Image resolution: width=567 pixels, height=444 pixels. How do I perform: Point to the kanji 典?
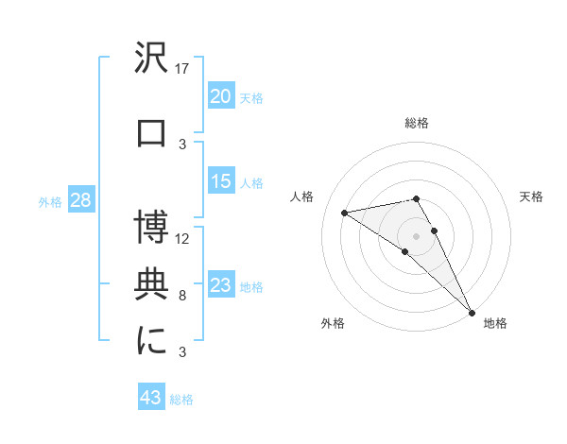[151, 284]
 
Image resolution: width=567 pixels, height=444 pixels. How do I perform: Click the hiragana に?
[151, 341]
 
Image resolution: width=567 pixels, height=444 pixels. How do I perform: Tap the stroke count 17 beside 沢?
[183, 68]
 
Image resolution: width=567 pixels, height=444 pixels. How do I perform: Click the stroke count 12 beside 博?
[183, 238]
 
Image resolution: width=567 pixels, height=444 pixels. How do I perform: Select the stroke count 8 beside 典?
[183, 295]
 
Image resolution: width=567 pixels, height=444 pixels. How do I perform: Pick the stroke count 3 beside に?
[183, 351]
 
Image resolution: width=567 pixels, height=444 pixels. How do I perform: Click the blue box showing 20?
[221, 96]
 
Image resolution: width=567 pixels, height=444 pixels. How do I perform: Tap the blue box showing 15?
[221, 181]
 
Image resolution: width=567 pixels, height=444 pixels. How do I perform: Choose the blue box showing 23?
[221, 285]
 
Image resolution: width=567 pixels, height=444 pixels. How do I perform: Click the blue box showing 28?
[79, 200]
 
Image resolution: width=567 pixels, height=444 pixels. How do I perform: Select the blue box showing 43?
[150, 399]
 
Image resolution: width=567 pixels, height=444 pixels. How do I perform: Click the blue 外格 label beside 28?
[49, 201]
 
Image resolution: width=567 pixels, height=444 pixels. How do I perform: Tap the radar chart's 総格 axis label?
[417, 123]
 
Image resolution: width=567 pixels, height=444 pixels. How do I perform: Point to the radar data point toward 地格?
[472, 311]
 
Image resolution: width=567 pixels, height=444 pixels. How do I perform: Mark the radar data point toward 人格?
[344, 213]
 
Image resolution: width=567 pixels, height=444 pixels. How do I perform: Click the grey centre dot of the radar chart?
[417, 235]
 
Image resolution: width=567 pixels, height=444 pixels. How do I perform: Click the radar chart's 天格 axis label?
[532, 196]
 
